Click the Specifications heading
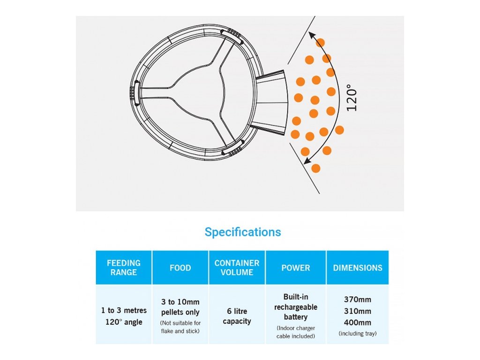[243, 232]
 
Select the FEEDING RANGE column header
[124, 268]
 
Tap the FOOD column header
[180, 268]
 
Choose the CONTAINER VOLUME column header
[237, 268]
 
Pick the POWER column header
[295, 268]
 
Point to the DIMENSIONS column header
[358, 268]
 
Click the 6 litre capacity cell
[237, 316]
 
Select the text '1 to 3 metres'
[124, 310]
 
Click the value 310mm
[358, 311]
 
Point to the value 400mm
[358, 322]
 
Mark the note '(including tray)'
[358, 334]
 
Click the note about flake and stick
[180, 327]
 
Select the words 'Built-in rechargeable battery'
[295, 307]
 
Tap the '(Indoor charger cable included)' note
[295, 332]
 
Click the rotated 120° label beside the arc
[352, 97]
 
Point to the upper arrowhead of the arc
[311, 35]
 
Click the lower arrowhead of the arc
[307, 161]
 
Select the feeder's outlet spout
[270, 101]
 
